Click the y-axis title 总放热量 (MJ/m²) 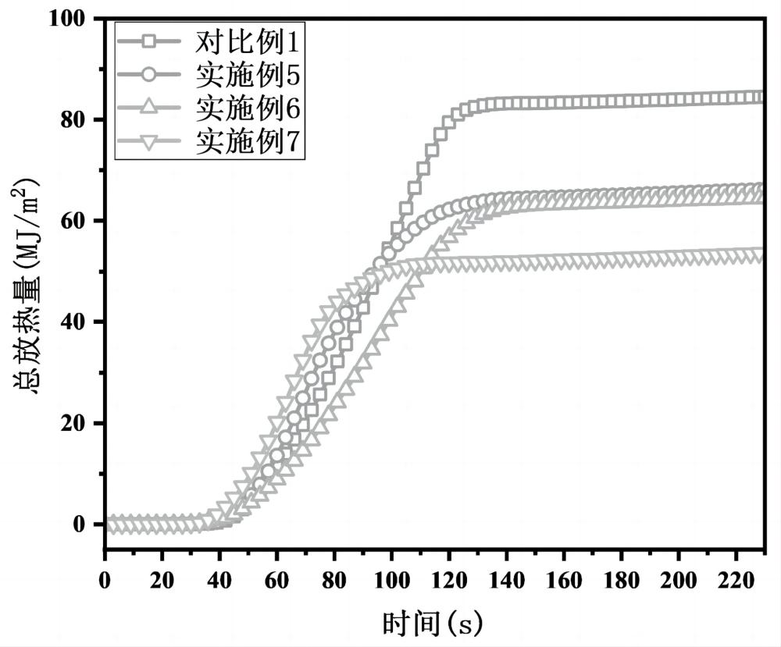coord(26,286)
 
